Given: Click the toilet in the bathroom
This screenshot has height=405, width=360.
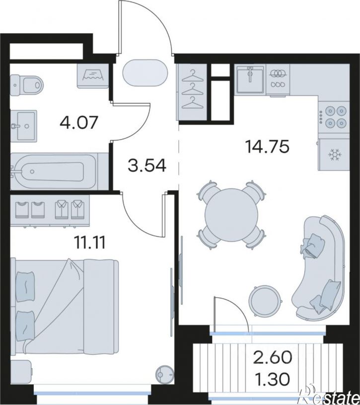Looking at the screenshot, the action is pos(27,84).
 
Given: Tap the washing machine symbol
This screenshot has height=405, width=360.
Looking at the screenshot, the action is pos(93,76).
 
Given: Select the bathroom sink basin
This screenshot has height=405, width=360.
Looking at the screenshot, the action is pos(23,126).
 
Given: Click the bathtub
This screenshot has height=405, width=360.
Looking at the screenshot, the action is pos(54,171).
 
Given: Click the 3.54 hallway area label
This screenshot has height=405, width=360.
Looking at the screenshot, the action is pos(147,165).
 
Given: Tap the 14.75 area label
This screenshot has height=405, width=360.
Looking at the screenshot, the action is pos(268,147).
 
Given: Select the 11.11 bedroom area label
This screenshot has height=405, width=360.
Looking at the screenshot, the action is pos(89,243).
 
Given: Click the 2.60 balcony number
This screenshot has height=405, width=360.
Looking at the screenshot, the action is pos(273,357).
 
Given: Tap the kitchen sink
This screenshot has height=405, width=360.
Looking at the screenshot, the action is pos(250,79).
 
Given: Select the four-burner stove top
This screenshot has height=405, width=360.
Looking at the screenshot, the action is pos(334,117).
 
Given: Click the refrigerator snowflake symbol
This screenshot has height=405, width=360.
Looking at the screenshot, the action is pos(335,155).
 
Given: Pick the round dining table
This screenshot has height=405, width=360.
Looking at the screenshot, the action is pos(231,215).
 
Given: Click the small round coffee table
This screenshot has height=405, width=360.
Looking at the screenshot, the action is pos(265,300).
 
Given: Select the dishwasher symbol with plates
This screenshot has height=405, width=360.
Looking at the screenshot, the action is pos(278,79).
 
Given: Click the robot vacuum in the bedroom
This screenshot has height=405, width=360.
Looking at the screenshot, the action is pos(165,374).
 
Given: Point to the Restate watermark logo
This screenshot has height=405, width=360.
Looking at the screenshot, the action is pos(330,396).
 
